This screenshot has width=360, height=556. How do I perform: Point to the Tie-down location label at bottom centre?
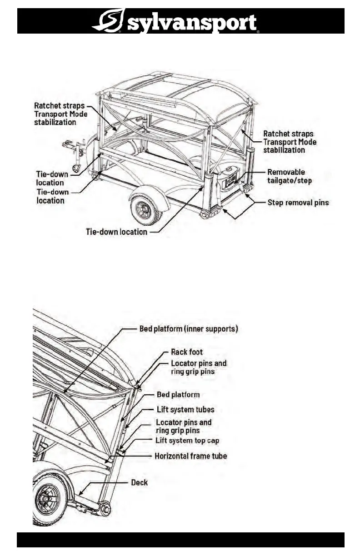(117, 232)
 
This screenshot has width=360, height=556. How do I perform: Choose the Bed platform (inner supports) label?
(188, 329)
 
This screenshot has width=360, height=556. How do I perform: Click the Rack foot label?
(187, 352)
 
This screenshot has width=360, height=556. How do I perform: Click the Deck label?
(139, 482)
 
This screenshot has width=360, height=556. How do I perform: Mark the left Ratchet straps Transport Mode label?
(61, 114)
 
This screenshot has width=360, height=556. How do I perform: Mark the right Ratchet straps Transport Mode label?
(290, 142)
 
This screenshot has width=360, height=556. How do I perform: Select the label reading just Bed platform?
(178, 394)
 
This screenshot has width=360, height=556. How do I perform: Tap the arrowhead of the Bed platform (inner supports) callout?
(64, 393)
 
